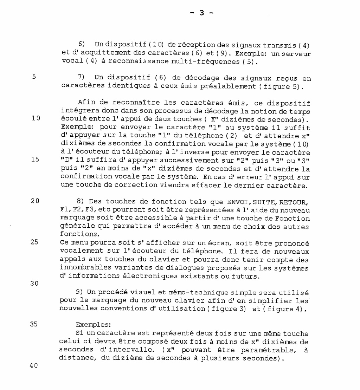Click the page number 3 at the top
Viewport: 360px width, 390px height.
(202, 13)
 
